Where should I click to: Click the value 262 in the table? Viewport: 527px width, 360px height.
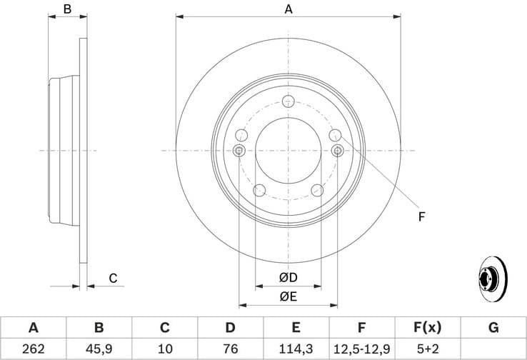[x=33, y=349]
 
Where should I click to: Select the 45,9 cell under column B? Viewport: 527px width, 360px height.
[x=99, y=349]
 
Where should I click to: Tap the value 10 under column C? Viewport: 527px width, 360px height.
[x=165, y=349]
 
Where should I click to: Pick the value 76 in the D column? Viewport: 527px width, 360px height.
[x=230, y=349]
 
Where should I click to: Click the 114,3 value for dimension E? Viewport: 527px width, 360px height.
[x=296, y=349]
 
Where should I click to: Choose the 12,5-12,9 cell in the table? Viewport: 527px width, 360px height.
[x=361, y=349]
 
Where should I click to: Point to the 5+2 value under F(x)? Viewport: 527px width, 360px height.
[x=427, y=349]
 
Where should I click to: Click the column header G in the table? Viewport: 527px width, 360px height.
[x=493, y=328]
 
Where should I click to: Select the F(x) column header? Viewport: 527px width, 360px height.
[x=427, y=328]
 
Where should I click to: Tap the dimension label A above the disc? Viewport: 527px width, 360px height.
[x=288, y=9]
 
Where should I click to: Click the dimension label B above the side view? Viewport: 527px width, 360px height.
[x=67, y=9]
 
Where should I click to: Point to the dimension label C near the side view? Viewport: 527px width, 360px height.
[x=112, y=278]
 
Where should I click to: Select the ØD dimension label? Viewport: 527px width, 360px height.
[x=288, y=277]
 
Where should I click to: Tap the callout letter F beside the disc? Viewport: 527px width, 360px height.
[x=421, y=216]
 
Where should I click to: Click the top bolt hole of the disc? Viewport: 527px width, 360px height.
[x=288, y=101]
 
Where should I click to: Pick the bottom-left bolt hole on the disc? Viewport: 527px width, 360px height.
[x=259, y=190]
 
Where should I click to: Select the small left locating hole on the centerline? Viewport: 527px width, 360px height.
[x=239, y=150]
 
